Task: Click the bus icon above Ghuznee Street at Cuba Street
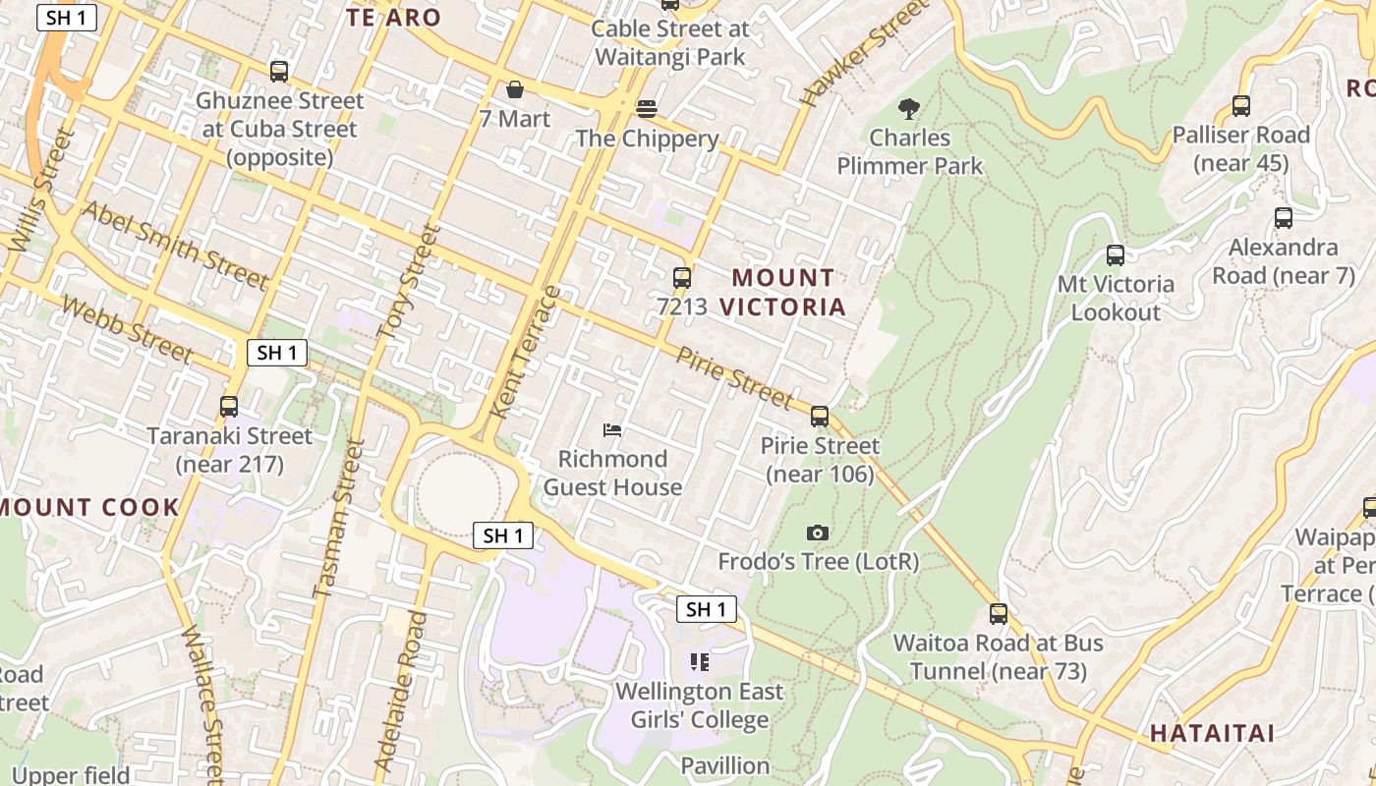[x=279, y=72]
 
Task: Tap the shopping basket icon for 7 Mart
[x=514, y=90]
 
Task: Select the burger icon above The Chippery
[x=646, y=108]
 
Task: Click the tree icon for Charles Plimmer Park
[x=909, y=108]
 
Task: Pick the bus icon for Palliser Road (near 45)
[x=1241, y=106]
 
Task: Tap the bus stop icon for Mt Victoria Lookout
[x=1116, y=255]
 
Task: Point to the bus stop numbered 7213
[x=682, y=278]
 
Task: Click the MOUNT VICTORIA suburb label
[x=782, y=293]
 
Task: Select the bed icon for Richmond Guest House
[x=612, y=430]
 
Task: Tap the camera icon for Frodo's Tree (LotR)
[x=818, y=533]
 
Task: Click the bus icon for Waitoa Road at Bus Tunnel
[x=999, y=614]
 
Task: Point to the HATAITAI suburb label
[x=1212, y=733]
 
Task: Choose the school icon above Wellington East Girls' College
[x=700, y=662]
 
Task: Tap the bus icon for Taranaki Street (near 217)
[x=229, y=407]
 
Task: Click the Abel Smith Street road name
[x=175, y=246]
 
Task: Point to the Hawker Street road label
[x=864, y=53]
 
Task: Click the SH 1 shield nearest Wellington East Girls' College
[x=706, y=609]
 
